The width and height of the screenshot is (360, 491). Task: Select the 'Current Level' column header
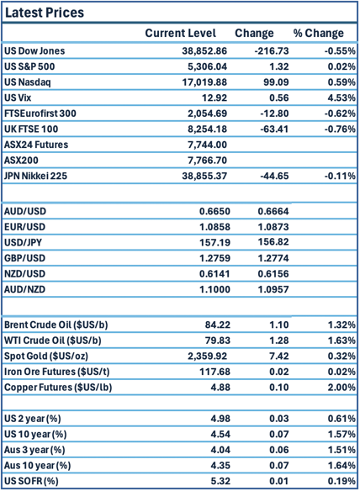pyautogui.click(x=180, y=34)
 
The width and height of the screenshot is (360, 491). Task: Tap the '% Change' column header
pyautogui.click(x=318, y=34)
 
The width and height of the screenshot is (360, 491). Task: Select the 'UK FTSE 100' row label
pyautogui.click(x=33, y=130)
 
